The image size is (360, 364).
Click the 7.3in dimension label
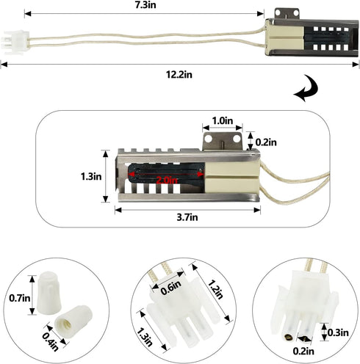(145, 5)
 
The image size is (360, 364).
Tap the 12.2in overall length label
(179, 74)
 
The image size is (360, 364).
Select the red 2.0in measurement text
(167, 181)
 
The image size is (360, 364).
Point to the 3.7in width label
(187, 217)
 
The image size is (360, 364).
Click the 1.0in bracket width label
(223, 120)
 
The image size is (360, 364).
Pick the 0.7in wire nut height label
(20, 298)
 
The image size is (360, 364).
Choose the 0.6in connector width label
(171, 288)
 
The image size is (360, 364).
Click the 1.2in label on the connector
(215, 289)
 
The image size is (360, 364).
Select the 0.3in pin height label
(338, 332)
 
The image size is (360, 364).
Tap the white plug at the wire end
(15, 43)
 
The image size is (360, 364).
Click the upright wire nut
(48, 294)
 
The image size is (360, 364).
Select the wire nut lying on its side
(73, 320)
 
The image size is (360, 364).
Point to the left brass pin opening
(289, 338)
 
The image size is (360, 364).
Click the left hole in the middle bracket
(209, 139)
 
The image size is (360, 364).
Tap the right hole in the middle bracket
(237, 139)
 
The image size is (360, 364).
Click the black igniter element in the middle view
(167, 174)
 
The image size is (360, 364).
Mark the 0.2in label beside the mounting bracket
(266, 142)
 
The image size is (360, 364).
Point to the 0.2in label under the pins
(303, 352)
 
